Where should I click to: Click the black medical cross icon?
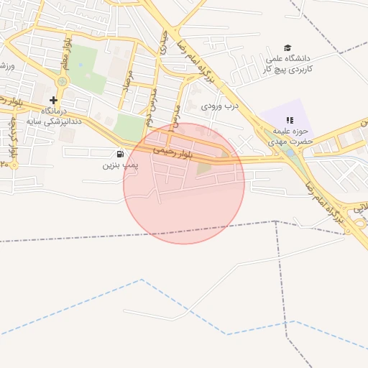53,100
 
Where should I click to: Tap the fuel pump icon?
119,154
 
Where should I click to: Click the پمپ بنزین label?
119,165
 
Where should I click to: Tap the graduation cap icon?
288,47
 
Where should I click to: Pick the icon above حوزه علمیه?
290,120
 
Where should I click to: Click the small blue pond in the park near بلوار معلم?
80,65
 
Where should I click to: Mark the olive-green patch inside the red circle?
205,168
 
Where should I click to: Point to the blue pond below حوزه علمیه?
290,153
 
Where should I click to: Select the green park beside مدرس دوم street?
129,127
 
